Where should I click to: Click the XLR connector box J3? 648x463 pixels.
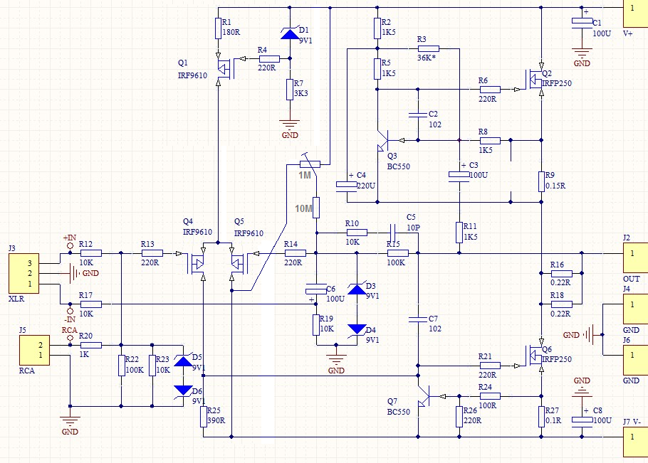click(24, 273)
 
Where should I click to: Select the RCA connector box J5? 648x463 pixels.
click(34, 351)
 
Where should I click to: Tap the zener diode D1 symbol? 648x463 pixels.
click(290, 33)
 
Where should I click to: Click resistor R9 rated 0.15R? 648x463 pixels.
click(541, 181)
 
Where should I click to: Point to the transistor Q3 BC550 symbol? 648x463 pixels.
click(383, 141)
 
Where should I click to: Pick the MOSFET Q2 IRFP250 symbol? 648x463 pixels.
click(535, 79)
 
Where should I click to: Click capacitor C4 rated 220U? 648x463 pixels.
click(346, 186)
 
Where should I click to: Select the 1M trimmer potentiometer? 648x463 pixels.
click(310, 164)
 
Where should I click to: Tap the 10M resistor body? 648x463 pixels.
click(316, 208)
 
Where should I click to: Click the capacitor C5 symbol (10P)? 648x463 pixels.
click(393, 233)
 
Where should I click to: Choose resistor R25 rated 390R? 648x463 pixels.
click(204, 416)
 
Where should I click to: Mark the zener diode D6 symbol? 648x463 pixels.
click(183, 390)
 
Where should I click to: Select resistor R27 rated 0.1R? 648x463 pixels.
click(541, 416)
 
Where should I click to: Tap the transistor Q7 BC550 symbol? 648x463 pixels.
click(424, 396)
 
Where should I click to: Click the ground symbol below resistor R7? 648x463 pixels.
click(290, 124)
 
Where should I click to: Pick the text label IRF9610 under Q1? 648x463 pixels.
click(192, 75)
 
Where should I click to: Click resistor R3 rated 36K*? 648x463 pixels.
click(429, 48)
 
